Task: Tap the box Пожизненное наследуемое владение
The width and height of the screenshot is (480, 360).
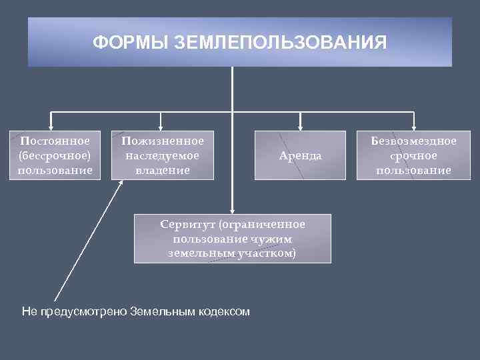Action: tap(162, 155)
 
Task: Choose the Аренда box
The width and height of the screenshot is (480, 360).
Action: tap(300, 155)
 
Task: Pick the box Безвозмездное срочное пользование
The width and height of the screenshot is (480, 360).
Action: tap(413, 155)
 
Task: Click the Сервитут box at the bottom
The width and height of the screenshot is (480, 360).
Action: tap(232, 238)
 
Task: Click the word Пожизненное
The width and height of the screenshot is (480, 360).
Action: tap(163, 141)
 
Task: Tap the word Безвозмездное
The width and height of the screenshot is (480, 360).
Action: tap(413, 141)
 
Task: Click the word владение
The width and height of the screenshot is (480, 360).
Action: tap(162, 170)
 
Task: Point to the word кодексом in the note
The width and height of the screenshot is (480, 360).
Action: tap(225, 311)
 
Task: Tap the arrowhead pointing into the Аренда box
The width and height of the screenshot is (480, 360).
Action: tap(300, 125)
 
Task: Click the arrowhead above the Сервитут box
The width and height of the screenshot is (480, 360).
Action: tap(232, 208)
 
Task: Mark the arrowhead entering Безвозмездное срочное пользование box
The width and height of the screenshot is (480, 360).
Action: tap(414, 125)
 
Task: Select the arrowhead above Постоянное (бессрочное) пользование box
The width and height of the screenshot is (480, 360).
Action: tap(52, 125)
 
